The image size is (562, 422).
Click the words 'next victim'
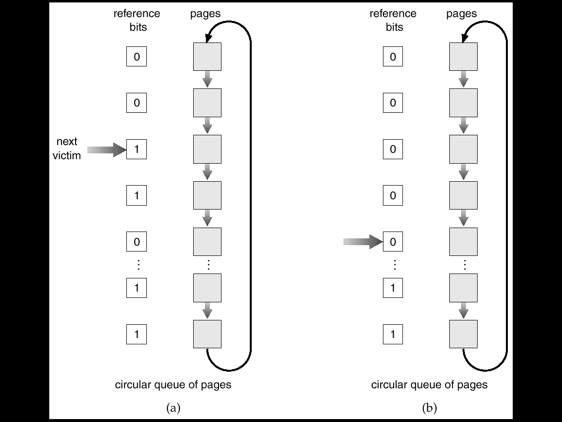[67, 148]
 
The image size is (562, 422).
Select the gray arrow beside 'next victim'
[107, 149]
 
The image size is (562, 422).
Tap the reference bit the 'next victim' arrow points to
[137, 149]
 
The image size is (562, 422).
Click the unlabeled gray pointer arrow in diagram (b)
[363, 242]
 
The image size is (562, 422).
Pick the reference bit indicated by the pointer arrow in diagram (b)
[393, 241]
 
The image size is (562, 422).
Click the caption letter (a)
[174, 408]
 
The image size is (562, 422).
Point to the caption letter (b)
[429, 408]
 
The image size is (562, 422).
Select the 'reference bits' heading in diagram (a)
[137, 20]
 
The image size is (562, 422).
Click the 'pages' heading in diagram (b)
[462, 14]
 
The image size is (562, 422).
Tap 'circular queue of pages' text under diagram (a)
[173, 385]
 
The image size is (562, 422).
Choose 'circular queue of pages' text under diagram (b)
[429, 385]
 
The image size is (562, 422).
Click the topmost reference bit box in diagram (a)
[137, 56]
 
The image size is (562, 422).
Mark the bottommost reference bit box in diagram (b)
[393, 334]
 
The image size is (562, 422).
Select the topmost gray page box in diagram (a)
[207, 57]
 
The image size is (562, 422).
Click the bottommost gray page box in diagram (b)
[463, 334]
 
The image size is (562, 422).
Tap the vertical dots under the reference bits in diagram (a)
[138, 265]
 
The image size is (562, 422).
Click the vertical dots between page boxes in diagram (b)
[464, 265]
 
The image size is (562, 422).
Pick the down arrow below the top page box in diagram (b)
[463, 79]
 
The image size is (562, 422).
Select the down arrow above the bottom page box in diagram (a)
[207, 311]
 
